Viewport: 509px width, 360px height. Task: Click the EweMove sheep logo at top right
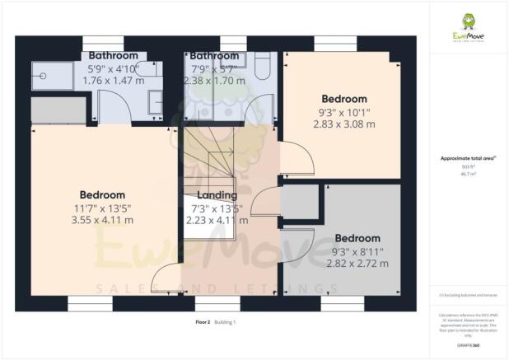pos(468,21)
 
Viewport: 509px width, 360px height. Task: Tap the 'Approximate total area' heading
pos(468,160)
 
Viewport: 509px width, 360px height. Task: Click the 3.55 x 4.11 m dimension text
pos(102,220)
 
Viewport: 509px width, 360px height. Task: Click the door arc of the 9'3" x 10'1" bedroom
pos(294,157)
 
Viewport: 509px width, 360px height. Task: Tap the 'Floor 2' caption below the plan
pos(203,322)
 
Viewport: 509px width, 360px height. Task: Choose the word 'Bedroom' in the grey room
pos(357,238)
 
